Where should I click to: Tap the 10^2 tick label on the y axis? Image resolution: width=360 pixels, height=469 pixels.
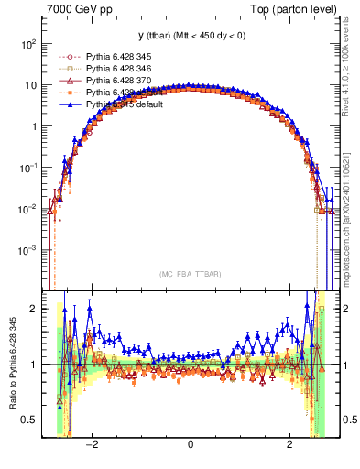tap(29, 44)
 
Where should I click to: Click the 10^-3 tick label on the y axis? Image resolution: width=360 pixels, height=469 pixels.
tap(29, 250)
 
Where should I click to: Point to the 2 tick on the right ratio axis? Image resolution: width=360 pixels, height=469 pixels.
tap(347, 309)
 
